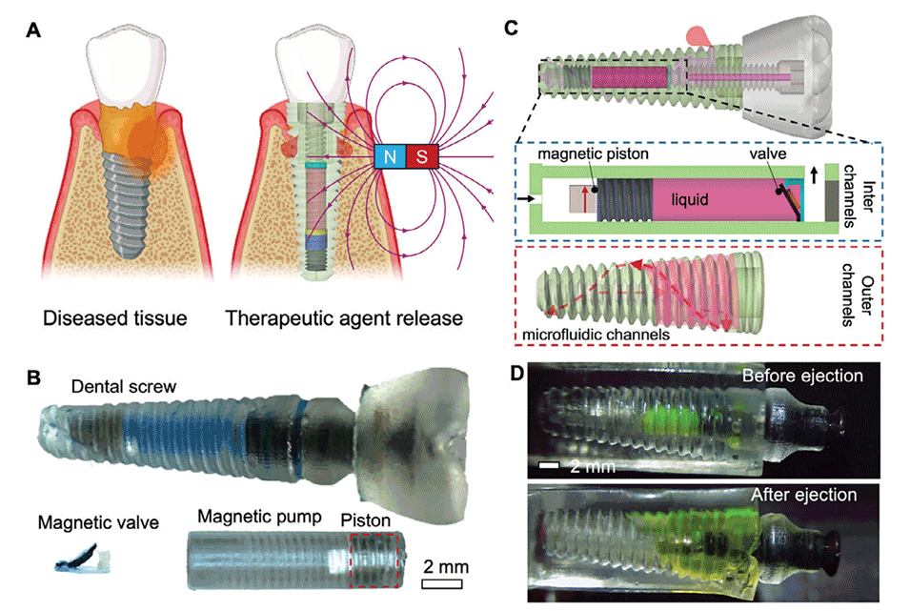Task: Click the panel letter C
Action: pos(511,29)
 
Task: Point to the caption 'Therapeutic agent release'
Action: pos(344,317)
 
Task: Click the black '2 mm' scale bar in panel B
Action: pos(441,582)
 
